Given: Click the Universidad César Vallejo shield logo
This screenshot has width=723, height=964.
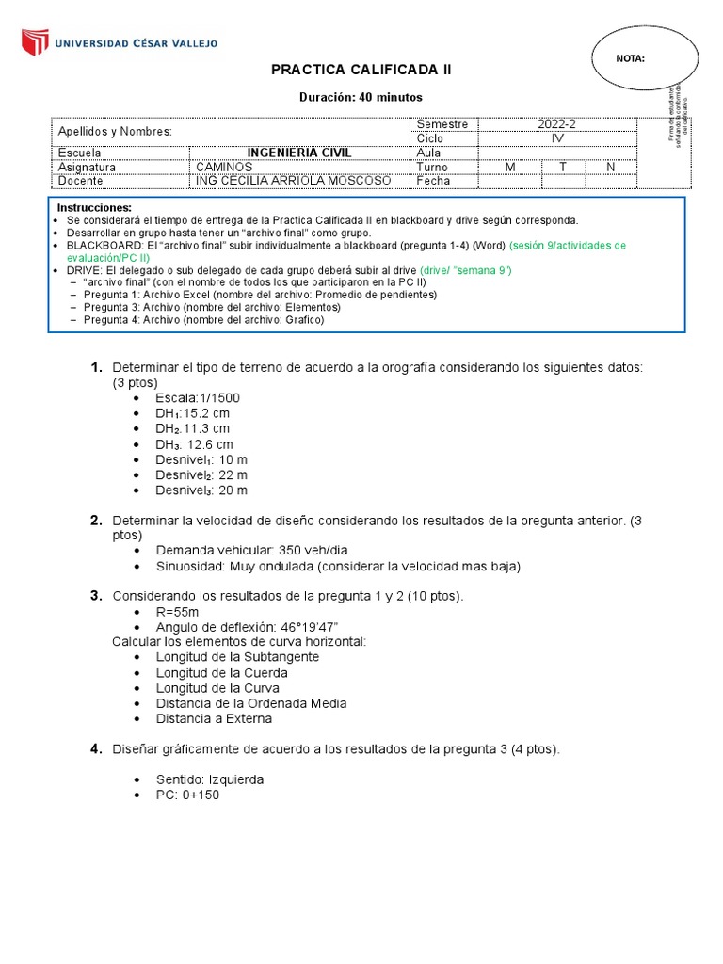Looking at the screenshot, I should pos(35,42).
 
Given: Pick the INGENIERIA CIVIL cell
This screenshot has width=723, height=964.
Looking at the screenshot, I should pos(298,153).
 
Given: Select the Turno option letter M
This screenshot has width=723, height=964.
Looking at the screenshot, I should pos(510,167).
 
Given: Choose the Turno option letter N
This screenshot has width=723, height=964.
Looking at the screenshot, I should pos(610,167).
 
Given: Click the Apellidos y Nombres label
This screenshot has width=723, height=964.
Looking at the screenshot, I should pos(115,131).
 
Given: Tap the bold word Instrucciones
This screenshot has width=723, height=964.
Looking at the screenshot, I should pos(95,207).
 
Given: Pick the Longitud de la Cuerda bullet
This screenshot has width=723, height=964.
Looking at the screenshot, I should pos(221,672).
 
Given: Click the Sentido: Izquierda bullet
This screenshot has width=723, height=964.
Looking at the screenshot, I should pos(209,779).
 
